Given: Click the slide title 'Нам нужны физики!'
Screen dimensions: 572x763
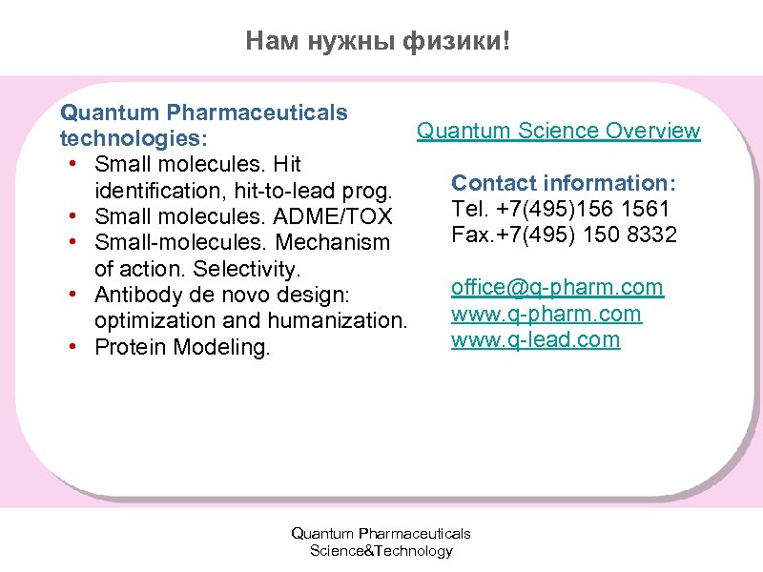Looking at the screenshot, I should pyautogui.click(x=378, y=40).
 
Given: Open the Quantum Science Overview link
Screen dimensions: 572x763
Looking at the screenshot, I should pyautogui.click(x=558, y=131).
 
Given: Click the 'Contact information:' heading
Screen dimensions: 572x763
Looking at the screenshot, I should pyautogui.click(x=564, y=182).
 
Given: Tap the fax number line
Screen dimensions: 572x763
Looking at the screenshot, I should pyautogui.click(x=564, y=234).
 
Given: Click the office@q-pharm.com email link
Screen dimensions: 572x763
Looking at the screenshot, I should pyautogui.click(x=557, y=287).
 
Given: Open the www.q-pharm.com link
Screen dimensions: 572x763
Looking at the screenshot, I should pyautogui.click(x=546, y=314).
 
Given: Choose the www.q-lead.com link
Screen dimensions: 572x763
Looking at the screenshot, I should pyautogui.click(x=535, y=339).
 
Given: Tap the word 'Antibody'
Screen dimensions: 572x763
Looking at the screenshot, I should pyautogui.click(x=133, y=296).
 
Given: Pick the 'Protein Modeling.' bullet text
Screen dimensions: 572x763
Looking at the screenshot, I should pyautogui.click(x=182, y=348).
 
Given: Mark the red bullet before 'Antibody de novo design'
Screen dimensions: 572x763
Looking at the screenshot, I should pyautogui.click(x=73, y=296).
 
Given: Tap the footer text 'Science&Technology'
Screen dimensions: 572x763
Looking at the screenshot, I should pyautogui.click(x=381, y=551).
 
